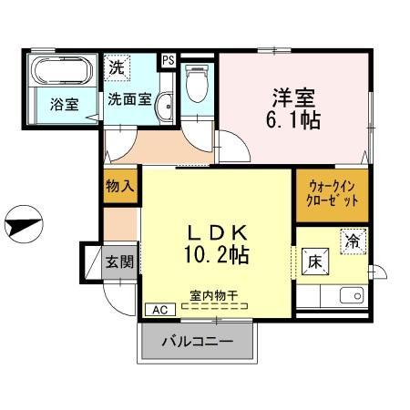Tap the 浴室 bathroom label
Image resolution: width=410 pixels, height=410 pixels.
[63, 104]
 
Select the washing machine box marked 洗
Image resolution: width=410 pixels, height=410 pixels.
[117, 67]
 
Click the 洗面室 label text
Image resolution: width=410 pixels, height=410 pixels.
[128, 97]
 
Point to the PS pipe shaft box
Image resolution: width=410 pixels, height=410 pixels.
[168, 59]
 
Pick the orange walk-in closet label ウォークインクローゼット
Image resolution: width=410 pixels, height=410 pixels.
[332, 194]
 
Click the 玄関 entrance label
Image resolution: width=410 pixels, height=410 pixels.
[118, 262]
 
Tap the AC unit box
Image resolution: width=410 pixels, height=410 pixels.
[160, 309]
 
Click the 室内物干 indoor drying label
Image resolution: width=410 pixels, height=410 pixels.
[215, 294]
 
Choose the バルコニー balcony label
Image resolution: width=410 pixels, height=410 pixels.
[198, 343]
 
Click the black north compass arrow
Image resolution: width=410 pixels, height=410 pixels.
[22, 220]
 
